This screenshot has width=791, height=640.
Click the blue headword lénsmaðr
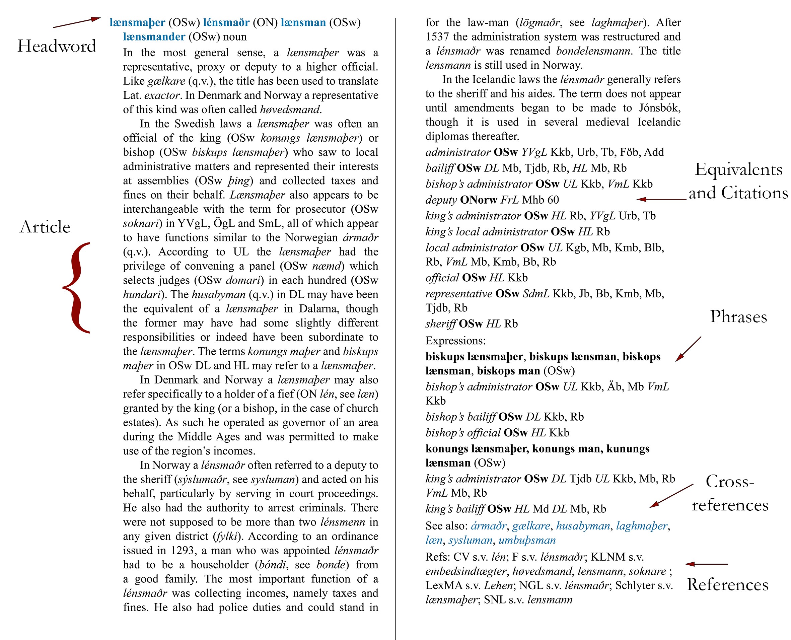point(226,22)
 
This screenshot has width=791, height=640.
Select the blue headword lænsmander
point(154,37)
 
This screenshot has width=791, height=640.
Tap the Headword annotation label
point(57,46)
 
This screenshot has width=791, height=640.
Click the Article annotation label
point(45,227)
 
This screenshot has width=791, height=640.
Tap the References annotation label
point(728,585)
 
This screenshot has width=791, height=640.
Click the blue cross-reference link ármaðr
point(489,526)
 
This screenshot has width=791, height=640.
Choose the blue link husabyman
point(583,526)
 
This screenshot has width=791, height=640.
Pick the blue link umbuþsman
point(527,540)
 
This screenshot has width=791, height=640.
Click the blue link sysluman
point(470,540)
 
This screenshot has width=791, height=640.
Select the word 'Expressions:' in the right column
point(455,341)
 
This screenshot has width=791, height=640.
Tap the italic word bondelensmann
point(593,51)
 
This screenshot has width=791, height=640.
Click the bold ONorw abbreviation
point(479,200)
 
